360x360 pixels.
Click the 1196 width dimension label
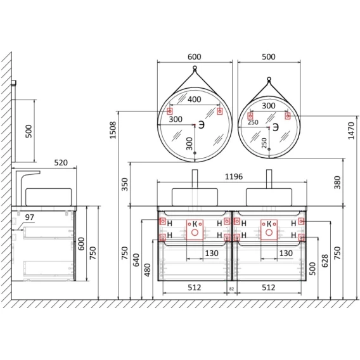pos(234,177)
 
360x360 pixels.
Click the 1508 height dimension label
pos(113,130)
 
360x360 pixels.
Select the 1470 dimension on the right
pos(351,131)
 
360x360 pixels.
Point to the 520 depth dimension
pos(61,162)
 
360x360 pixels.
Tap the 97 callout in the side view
pos(30,217)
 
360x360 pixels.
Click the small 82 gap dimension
pos(231,289)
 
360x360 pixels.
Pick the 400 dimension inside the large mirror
pos(195,99)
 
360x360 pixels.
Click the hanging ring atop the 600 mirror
pos(195,67)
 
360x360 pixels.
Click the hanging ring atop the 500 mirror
pos(269,79)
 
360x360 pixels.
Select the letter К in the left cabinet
pos(195,224)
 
